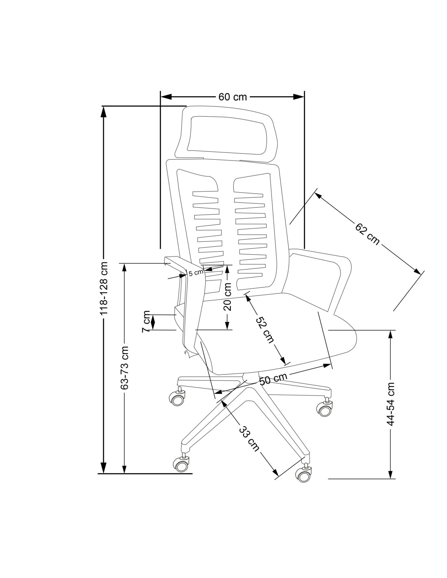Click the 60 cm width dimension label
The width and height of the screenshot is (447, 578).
232,97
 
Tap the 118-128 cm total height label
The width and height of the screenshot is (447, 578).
104,289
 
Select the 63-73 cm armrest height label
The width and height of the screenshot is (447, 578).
125,368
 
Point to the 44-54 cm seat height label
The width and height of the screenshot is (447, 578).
391,404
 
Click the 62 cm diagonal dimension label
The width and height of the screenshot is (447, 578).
367,234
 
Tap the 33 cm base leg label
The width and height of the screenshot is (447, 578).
249,439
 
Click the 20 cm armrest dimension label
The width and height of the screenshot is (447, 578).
228,297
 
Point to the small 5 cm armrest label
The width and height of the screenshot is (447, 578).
196,272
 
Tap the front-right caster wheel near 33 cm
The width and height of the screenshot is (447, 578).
304,473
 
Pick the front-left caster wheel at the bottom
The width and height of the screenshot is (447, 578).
181,464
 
